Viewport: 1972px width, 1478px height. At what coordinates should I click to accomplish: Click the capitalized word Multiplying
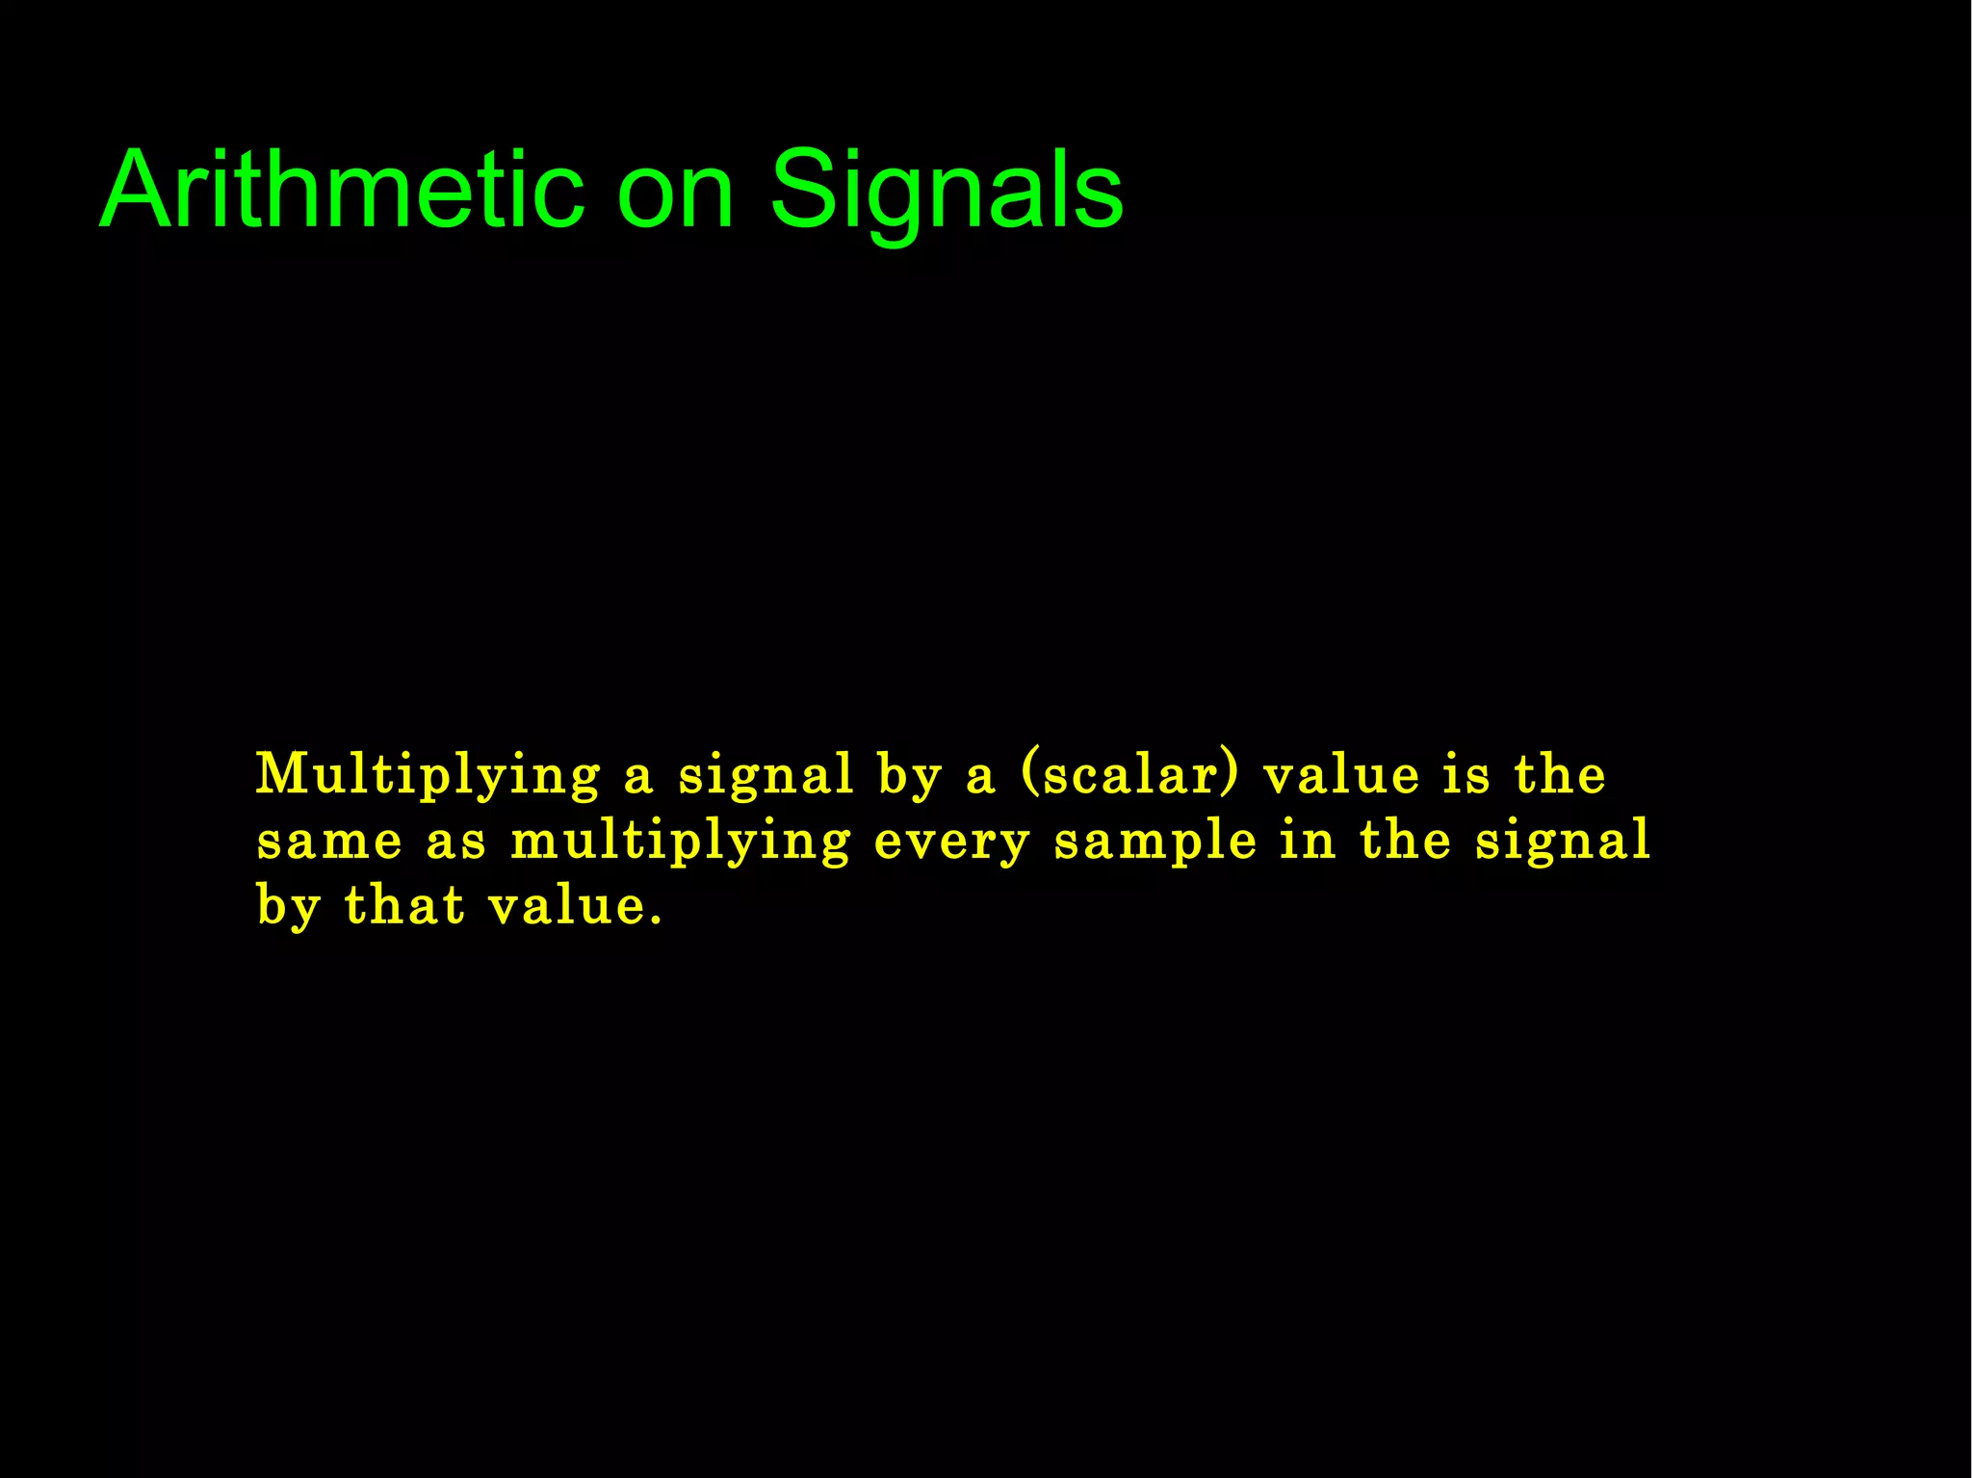(428, 776)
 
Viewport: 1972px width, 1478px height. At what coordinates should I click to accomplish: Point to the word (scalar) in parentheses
(1129, 774)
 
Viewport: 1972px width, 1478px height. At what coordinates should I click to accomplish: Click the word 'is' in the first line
(1466, 774)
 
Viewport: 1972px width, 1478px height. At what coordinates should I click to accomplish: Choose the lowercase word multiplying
(681, 843)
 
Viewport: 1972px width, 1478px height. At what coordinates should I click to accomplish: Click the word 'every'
(952, 843)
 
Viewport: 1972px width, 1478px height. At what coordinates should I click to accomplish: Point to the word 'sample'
(1155, 843)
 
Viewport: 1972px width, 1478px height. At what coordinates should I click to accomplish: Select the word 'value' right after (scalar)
(1341, 774)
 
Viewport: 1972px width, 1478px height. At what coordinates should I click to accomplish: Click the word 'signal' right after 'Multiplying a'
(765, 776)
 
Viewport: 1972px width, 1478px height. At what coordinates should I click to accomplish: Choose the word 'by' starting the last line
(288, 907)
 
